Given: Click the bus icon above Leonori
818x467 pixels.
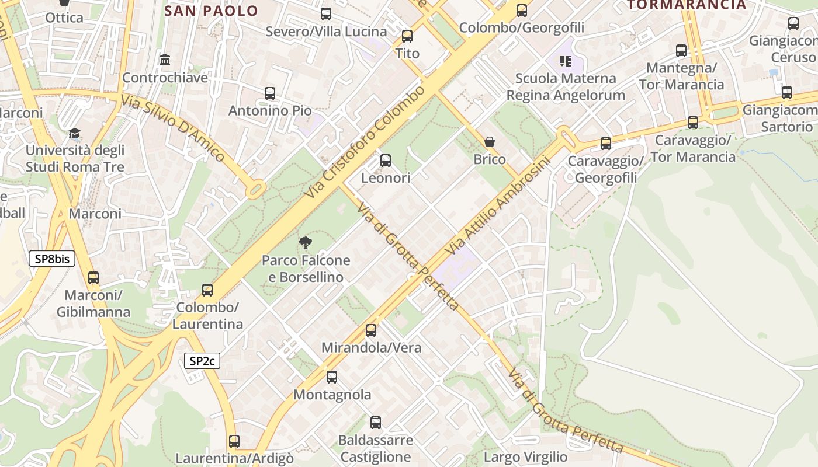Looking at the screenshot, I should (x=385, y=161).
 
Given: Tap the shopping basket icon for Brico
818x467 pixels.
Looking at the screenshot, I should (x=490, y=142).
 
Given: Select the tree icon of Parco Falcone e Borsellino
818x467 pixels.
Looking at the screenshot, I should (x=305, y=243).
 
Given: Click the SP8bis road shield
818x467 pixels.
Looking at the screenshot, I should (x=52, y=259).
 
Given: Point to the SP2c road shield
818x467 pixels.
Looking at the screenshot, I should (x=202, y=361).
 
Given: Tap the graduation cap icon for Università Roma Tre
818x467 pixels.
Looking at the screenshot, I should (x=74, y=134).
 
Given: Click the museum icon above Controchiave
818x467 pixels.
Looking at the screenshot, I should (x=165, y=60).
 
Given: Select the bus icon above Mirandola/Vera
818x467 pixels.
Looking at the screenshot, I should (x=371, y=330).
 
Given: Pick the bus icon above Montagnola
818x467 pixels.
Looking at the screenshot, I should (x=332, y=377).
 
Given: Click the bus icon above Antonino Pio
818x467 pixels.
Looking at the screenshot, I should (x=269, y=93).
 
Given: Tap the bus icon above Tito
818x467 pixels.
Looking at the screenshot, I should (x=407, y=36).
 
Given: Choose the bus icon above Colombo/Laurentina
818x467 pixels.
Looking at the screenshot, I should (x=207, y=290).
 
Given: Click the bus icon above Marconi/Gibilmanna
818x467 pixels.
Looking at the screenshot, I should (x=93, y=278).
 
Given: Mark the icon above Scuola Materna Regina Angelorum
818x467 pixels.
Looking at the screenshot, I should (x=565, y=61).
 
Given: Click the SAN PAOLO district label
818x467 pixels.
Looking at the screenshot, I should (x=211, y=11).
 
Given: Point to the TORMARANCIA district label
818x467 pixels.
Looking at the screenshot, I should (x=687, y=5).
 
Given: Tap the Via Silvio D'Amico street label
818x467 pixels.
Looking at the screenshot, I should (x=172, y=128).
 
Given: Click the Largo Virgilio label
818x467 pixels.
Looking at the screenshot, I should (x=525, y=456).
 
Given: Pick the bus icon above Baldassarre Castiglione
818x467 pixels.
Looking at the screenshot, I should (x=376, y=422).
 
